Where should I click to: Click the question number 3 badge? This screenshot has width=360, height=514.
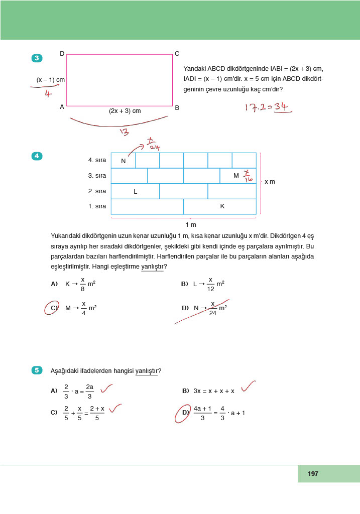[x=37, y=58]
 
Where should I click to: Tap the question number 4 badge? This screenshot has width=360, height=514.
[x=37, y=156]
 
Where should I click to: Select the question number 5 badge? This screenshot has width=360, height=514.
[x=37, y=371]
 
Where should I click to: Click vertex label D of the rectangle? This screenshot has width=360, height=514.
[x=62, y=53]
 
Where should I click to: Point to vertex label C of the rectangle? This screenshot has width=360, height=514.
[x=177, y=54]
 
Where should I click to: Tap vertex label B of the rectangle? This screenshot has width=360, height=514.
[x=177, y=107]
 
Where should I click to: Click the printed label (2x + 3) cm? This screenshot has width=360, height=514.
[x=125, y=111]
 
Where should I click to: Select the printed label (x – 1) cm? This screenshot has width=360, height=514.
[x=50, y=80]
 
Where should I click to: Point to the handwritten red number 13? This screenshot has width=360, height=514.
[x=124, y=132]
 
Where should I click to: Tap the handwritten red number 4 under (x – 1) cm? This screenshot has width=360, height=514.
[x=48, y=93]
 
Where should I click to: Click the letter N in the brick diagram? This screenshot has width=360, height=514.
[x=123, y=161]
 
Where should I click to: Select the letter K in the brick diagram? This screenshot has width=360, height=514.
[x=222, y=206]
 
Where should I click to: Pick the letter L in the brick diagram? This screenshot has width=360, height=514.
[x=135, y=191]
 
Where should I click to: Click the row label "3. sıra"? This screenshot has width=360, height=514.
[x=97, y=176]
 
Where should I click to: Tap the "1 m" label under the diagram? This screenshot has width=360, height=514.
[x=190, y=224]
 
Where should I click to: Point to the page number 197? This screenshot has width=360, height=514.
[x=313, y=473]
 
